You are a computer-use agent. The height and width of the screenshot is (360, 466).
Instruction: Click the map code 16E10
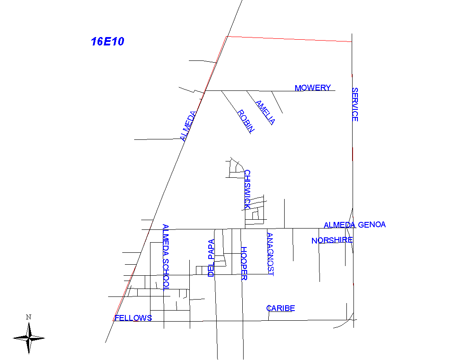108,42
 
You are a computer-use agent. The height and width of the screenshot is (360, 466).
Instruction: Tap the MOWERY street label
312,88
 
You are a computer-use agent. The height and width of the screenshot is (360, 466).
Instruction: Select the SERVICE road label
355,105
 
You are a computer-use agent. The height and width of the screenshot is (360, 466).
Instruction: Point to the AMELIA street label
265,112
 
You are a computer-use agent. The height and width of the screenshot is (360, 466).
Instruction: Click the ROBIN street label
246,121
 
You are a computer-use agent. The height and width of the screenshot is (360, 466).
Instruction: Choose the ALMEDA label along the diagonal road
189,126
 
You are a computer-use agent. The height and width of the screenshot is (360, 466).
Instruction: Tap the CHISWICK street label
248,189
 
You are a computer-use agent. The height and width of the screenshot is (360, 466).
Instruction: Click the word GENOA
372,225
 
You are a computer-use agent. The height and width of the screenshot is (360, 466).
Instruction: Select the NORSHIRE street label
332,240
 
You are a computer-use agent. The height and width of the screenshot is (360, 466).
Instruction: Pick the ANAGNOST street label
270,255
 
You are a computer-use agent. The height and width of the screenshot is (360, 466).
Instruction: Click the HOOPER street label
244,263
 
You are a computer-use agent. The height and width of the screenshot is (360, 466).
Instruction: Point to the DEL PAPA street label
211,258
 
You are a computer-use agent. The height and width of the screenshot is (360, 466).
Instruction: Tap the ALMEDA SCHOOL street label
165,257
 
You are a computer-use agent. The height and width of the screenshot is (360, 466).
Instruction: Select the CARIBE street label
280,308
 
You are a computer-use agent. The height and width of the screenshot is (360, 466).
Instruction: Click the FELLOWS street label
133,318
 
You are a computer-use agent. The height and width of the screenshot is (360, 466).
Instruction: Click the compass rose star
29,338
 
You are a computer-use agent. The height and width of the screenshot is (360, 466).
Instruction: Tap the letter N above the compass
28,317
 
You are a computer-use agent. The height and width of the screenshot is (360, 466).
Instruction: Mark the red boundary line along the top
289,39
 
